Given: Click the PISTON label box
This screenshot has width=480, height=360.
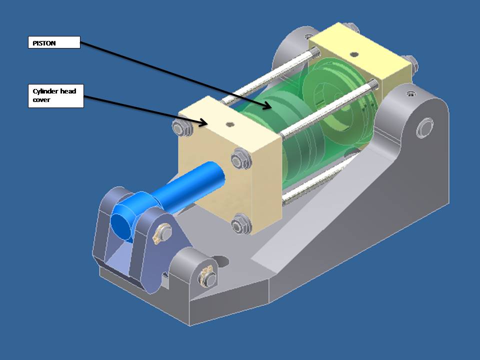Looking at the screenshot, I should pos(53,43).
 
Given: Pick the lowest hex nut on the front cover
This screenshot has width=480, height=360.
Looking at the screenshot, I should pos(239,223).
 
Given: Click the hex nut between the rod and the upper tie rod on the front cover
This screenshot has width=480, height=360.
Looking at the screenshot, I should pos(238,160).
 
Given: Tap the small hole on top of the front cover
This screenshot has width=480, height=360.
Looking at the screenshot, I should pos(230,124).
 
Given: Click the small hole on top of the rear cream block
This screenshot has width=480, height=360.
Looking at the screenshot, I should pos(354,54).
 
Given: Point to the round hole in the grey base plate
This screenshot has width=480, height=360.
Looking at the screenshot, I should pos(220,261).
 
